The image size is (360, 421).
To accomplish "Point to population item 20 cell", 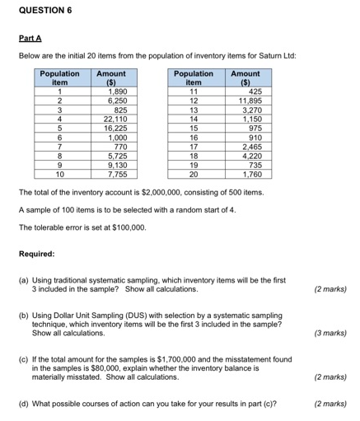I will pyautogui.click(x=194, y=174).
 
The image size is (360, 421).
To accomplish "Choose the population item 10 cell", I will pyautogui.click(x=59, y=174).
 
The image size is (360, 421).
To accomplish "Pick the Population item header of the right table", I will pyautogui.click(x=194, y=77).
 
